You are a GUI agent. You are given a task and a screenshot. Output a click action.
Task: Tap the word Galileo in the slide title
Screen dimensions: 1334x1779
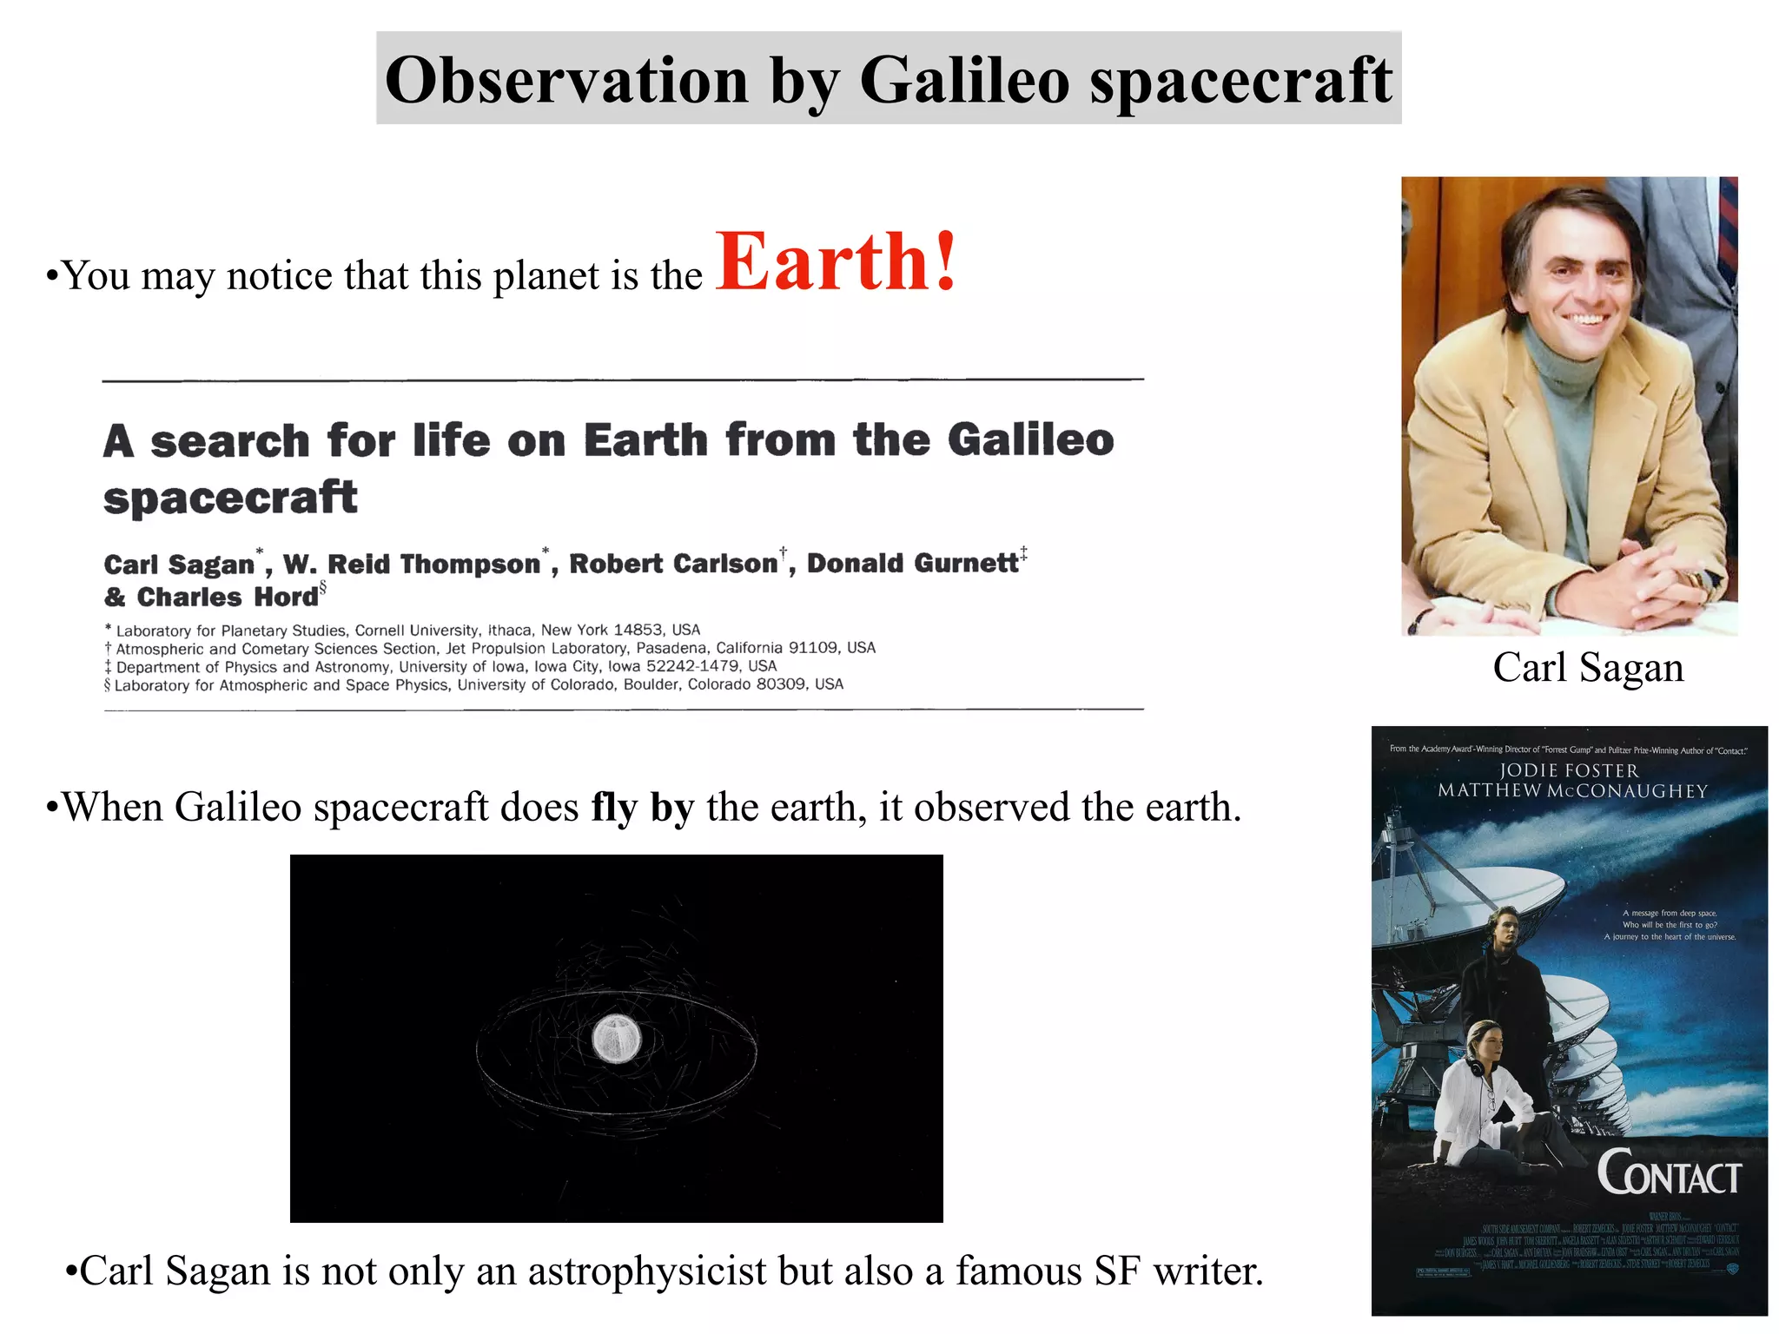(964, 80)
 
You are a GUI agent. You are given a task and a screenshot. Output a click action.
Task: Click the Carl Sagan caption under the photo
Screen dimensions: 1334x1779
(1588, 668)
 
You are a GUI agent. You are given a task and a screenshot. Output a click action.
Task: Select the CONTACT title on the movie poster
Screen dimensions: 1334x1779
(1669, 1173)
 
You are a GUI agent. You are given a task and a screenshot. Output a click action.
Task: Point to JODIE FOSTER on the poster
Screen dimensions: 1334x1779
(1569, 770)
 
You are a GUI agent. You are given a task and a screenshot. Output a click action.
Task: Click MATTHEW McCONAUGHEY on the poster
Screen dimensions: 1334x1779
(1572, 790)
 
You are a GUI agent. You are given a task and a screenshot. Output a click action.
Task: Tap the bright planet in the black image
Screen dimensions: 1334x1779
(616, 1039)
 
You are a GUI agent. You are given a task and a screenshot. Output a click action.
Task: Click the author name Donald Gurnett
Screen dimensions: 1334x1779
(912, 564)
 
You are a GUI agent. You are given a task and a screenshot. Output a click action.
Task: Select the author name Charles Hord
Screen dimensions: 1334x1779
(228, 598)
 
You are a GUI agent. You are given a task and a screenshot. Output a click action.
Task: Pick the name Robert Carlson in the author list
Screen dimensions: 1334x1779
(673, 564)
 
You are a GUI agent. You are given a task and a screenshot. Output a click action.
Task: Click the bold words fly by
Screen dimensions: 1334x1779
(643, 807)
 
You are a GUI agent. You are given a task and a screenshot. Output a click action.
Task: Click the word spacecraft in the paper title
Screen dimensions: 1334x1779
(230, 498)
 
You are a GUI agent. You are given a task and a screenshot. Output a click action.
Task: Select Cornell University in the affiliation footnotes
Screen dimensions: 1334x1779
(416, 631)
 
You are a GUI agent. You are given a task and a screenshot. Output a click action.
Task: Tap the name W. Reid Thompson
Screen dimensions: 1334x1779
(412, 564)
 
